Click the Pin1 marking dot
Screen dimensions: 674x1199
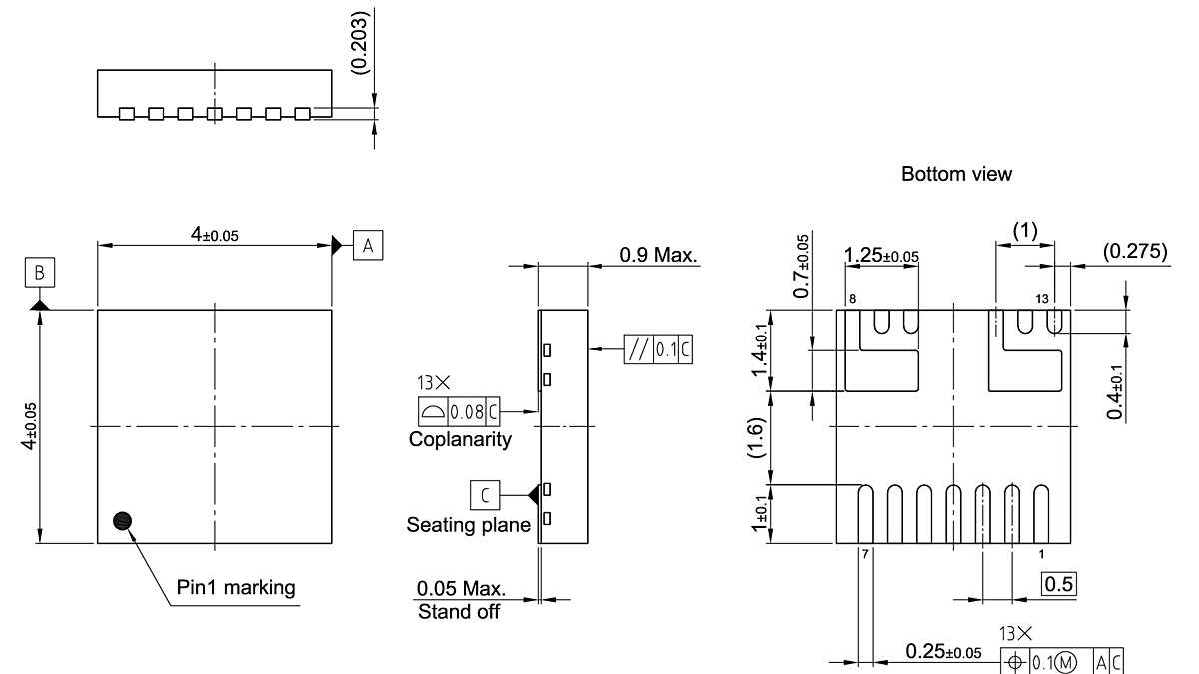click(x=123, y=520)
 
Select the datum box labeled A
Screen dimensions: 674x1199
click(x=367, y=244)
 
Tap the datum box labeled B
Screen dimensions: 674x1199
click(x=40, y=272)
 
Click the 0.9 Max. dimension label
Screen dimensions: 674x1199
click(x=658, y=255)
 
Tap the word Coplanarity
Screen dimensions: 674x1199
click(x=460, y=439)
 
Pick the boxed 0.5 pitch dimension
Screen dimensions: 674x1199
click(x=1058, y=584)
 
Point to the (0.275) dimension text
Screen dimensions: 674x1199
click(x=1134, y=251)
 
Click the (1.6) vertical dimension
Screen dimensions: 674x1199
click(x=759, y=437)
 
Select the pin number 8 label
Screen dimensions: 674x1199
click(x=852, y=299)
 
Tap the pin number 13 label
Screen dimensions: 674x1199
click(x=1043, y=299)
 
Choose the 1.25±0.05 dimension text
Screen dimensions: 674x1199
click(x=881, y=256)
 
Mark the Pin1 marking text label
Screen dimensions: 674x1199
click(x=236, y=587)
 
